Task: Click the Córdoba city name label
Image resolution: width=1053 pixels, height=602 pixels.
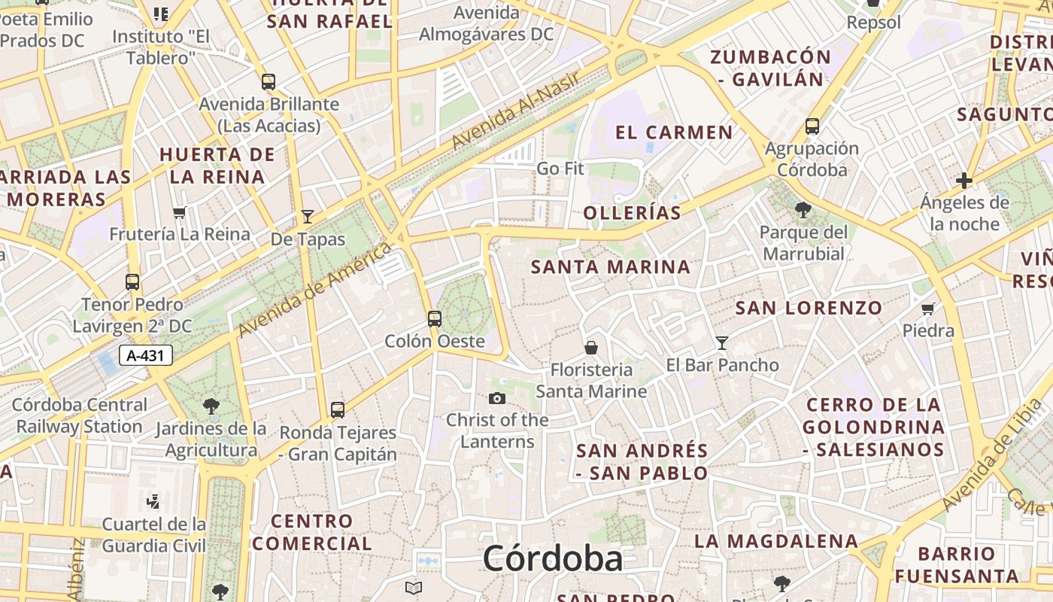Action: tap(553, 559)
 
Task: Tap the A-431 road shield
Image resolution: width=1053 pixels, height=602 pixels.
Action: tap(146, 355)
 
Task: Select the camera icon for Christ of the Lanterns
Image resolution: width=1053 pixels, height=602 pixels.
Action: tap(497, 398)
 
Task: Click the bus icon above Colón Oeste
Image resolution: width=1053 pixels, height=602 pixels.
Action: tap(435, 318)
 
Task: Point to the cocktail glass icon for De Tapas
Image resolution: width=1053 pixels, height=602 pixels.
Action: tap(307, 217)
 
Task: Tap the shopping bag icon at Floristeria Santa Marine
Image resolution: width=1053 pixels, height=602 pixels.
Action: tap(591, 348)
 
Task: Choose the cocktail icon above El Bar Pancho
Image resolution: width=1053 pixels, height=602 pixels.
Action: tap(722, 343)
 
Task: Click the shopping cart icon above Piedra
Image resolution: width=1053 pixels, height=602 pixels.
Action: tap(928, 309)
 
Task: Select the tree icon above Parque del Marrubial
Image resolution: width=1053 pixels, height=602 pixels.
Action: tap(803, 209)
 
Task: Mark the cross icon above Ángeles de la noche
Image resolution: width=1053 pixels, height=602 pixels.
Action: tap(963, 181)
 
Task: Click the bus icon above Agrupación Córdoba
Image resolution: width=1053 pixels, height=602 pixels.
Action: tap(812, 126)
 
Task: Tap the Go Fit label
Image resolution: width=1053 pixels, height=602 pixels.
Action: tap(560, 169)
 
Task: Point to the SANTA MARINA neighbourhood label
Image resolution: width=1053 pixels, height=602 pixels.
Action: tap(611, 267)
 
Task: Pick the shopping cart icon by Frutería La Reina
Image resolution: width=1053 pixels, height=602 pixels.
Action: tap(179, 212)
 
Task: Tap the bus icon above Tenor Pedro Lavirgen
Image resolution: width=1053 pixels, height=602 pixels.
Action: tap(132, 282)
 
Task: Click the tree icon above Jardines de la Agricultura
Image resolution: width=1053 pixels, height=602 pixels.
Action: tap(211, 406)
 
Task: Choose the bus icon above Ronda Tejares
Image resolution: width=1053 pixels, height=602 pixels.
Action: tap(338, 410)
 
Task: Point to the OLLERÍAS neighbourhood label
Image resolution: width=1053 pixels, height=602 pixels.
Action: tap(632, 213)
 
